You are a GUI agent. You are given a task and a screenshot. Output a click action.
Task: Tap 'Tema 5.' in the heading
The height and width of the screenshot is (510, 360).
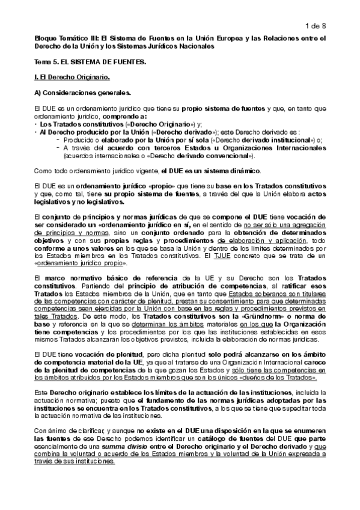click(46, 62)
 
